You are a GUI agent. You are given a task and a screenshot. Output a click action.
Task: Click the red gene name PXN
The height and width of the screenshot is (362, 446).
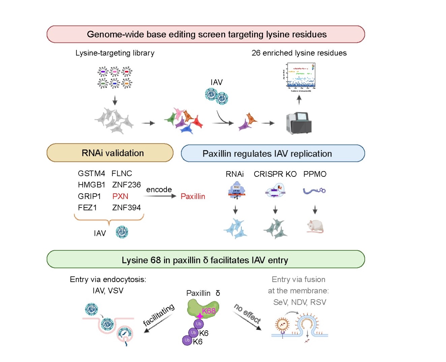(120, 196)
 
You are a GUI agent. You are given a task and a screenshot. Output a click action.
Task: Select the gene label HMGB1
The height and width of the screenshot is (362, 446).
(91, 185)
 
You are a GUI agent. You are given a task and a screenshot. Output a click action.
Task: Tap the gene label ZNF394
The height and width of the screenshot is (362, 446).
(126, 208)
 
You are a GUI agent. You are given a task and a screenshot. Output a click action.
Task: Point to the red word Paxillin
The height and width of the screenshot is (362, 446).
(193, 196)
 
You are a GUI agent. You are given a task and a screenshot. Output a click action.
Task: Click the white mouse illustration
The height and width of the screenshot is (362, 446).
(315, 226)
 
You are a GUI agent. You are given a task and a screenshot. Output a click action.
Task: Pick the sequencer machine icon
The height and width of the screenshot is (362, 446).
(299, 123)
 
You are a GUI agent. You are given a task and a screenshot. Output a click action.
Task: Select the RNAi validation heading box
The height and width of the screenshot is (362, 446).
(110, 153)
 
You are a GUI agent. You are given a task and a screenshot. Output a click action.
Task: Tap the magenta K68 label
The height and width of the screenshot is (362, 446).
(209, 311)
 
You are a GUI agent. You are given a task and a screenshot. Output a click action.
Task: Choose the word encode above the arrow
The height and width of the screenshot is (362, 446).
(159, 190)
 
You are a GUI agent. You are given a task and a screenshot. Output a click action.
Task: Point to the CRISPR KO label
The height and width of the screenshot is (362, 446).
(275, 174)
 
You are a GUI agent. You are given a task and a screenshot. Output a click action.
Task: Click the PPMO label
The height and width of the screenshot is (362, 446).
(315, 174)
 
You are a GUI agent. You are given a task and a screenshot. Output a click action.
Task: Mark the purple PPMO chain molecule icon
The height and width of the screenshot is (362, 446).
(314, 191)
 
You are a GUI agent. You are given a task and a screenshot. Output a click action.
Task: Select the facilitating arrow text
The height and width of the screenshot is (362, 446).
(158, 315)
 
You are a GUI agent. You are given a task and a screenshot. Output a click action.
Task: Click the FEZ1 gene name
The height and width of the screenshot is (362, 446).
(87, 208)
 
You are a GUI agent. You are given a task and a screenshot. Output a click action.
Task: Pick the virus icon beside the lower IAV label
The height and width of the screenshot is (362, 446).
(122, 232)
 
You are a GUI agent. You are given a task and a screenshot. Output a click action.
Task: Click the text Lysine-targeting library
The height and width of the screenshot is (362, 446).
(115, 53)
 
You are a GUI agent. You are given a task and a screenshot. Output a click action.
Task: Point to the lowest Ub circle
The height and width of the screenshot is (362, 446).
(187, 340)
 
